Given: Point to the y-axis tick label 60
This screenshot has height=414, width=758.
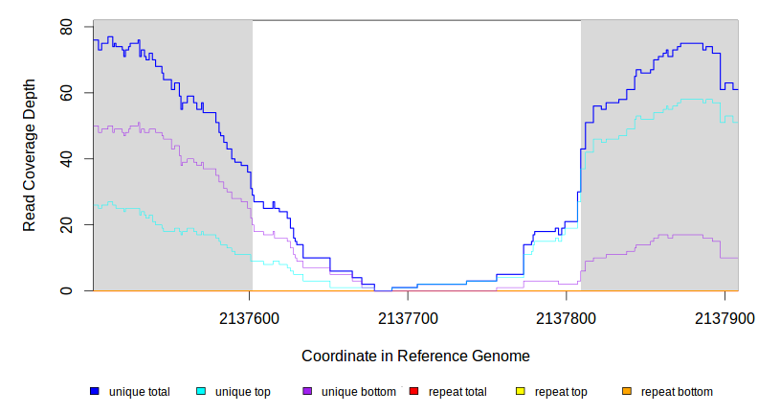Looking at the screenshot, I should [x=66, y=93].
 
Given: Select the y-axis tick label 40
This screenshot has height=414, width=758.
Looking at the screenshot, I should [x=66, y=159].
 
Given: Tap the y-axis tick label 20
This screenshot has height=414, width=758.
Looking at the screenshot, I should [x=66, y=225].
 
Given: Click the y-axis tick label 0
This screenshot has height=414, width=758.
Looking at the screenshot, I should [x=66, y=291].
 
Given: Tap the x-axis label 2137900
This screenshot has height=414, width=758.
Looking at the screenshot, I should [x=725, y=317].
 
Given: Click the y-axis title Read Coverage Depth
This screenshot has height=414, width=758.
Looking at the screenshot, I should [x=30, y=155].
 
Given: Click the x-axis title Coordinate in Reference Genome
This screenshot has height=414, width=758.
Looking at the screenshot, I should [x=415, y=356].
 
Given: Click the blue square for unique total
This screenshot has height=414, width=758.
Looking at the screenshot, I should [x=95, y=391].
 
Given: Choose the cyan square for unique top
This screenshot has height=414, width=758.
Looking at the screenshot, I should [x=201, y=391].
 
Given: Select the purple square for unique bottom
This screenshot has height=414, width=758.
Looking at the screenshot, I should [x=307, y=391].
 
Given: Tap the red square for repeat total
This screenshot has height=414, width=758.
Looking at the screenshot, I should [x=413, y=391].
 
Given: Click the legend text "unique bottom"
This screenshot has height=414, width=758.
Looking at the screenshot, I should [x=359, y=392].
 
